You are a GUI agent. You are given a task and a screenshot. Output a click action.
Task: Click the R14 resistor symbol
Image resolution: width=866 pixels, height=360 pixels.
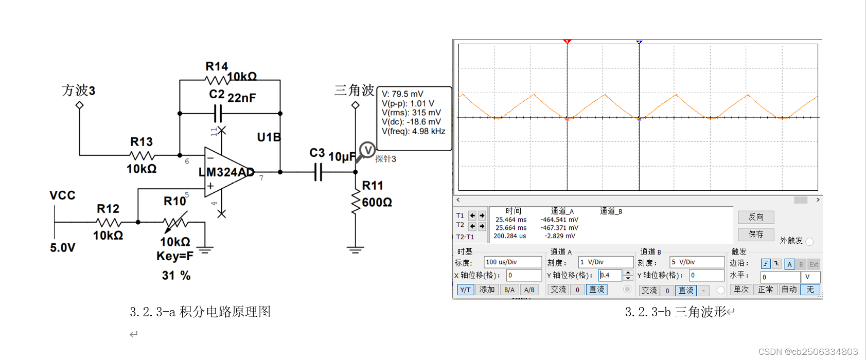coord(217,80)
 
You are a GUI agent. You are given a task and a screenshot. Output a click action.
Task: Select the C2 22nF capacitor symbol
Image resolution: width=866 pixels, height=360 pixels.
coord(218,113)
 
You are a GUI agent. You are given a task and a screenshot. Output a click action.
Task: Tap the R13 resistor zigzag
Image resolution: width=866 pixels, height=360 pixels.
coord(142,155)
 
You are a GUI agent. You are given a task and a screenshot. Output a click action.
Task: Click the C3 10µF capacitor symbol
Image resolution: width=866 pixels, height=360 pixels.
coord(318,172)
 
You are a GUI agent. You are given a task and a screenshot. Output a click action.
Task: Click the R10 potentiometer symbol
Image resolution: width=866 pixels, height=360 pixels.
coord(175,222)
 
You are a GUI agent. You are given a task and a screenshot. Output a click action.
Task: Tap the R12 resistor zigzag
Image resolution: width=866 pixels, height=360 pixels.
coord(109,222)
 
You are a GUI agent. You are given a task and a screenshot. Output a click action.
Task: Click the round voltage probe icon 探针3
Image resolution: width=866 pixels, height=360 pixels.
coord(367,150)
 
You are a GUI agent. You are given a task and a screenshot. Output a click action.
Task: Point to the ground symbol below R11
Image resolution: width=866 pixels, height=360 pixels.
coord(355,250)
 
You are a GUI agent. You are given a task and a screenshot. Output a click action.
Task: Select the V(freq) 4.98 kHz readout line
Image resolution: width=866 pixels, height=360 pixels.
coord(413,131)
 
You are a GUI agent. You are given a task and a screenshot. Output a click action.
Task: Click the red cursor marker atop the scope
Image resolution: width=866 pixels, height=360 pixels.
coord(567,42)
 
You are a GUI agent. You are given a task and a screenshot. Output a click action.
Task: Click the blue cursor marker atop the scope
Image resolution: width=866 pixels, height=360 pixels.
coord(639,42)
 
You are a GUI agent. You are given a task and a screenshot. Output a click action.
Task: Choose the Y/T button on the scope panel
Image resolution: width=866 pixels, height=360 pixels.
coord(465,290)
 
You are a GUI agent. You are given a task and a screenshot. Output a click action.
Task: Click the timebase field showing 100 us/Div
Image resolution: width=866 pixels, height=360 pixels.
coord(512,262)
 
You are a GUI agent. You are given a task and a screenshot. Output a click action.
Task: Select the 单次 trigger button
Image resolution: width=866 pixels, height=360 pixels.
coord(741,290)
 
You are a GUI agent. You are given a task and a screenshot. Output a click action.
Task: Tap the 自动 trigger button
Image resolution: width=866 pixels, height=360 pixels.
coord(789,290)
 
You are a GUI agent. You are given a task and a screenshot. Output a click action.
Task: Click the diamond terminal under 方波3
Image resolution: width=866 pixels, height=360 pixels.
coord(79,105)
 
